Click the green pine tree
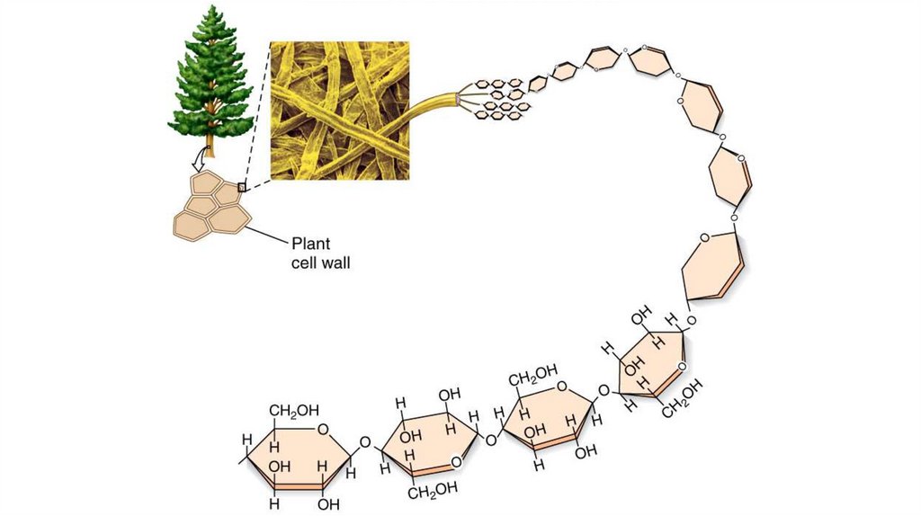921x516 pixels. click(x=212, y=76)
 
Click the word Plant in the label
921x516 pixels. click(x=310, y=243)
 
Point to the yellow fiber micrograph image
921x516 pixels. click(x=340, y=111)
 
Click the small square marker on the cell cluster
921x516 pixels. click(x=241, y=188)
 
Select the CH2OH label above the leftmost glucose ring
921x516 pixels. click(x=294, y=411)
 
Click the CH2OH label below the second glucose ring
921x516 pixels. click(x=434, y=488)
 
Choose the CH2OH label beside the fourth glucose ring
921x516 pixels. click(x=684, y=401)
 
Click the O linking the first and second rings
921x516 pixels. click(x=364, y=442)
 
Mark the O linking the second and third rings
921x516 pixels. click(x=490, y=440)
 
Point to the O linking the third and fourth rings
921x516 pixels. click(x=604, y=391)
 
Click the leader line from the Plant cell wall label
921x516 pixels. click(x=266, y=234)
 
